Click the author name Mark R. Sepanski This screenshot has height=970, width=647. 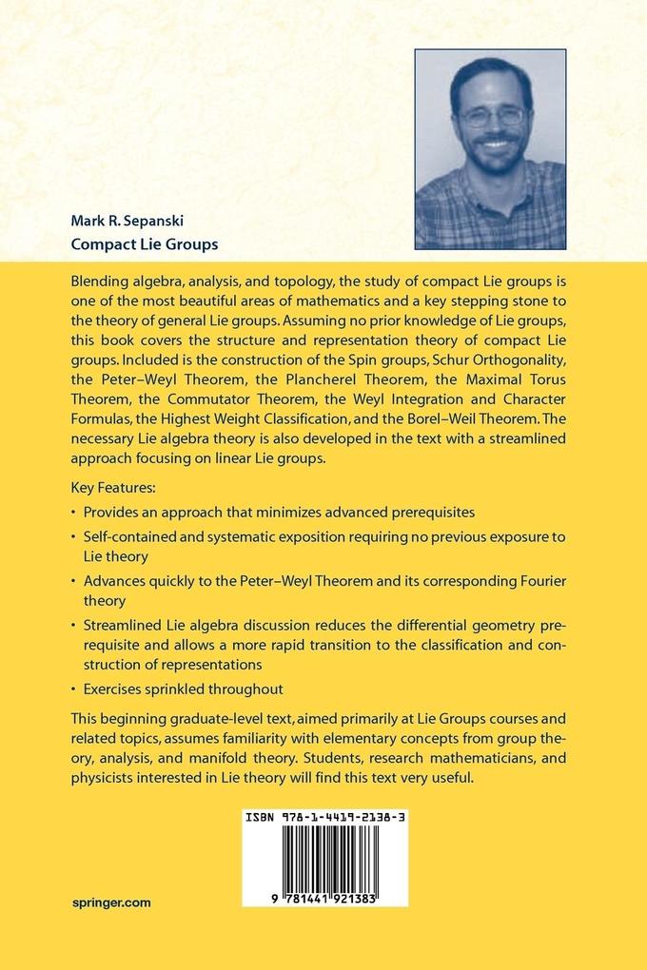click(127, 221)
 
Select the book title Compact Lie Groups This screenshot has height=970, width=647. click(145, 244)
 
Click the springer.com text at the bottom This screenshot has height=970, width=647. click(110, 903)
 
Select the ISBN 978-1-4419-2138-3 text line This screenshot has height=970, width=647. click(324, 817)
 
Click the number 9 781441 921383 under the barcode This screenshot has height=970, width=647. click(324, 898)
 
